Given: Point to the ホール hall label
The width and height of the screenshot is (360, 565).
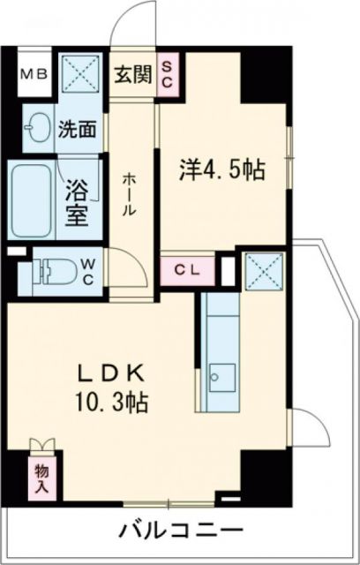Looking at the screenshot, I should pyautogui.click(x=129, y=194).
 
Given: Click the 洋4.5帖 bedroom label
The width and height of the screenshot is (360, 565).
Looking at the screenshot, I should pyautogui.click(x=222, y=169).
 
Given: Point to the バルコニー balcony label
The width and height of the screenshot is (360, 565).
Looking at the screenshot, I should pyautogui.click(x=180, y=531).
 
